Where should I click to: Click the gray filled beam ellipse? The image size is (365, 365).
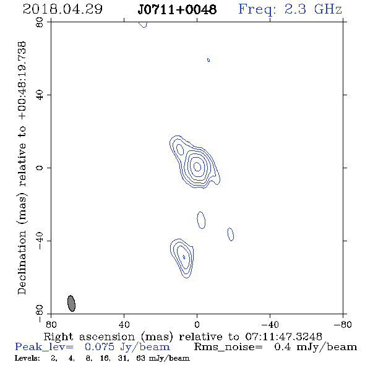[x=72, y=303]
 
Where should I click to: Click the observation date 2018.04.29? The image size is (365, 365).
[x=62, y=9]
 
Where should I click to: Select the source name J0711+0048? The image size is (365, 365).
[x=177, y=9]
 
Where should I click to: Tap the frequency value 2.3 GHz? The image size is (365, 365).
[x=313, y=9]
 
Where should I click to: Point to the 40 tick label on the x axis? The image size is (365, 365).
[x=124, y=324]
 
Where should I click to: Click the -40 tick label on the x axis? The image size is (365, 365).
[x=270, y=324]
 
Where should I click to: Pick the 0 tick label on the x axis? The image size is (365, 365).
[x=197, y=324]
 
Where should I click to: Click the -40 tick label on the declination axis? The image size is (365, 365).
[x=40, y=241]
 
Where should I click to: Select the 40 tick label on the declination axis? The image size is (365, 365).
[x=40, y=95]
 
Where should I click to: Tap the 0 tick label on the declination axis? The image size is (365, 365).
[x=40, y=168]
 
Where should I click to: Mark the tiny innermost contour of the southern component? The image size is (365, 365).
[x=184, y=257]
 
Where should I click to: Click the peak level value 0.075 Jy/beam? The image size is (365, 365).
[x=127, y=347]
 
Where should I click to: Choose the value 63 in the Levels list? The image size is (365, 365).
[x=140, y=358]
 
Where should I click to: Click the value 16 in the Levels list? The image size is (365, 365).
[x=104, y=358]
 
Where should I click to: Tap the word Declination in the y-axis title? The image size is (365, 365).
[x=22, y=262]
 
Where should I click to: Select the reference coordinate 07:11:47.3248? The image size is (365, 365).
[x=283, y=337]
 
